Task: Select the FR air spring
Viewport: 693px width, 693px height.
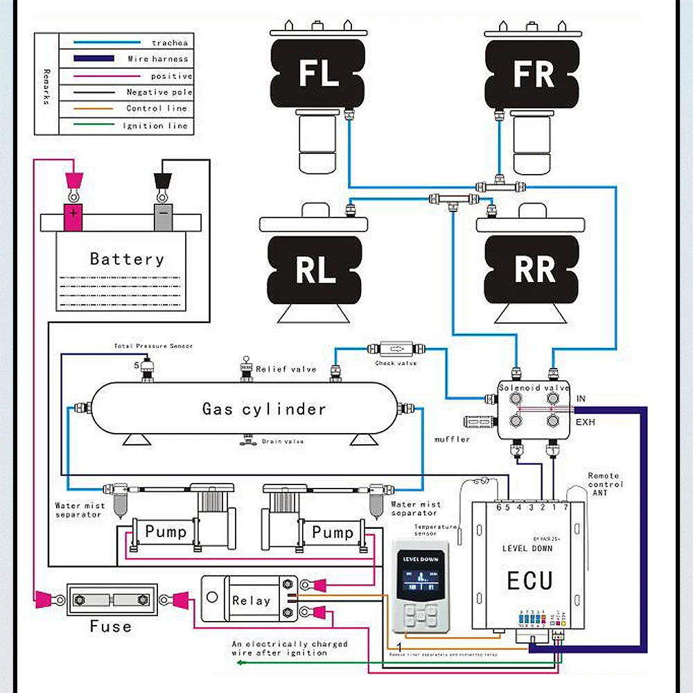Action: click(x=532, y=73)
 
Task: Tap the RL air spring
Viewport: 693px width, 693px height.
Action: click(x=316, y=270)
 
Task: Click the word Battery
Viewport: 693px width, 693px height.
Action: click(x=127, y=259)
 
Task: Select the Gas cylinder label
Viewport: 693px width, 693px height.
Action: click(x=264, y=409)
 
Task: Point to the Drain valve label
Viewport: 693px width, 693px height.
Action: click(x=282, y=441)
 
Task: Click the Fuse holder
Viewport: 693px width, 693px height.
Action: click(x=111, y=599)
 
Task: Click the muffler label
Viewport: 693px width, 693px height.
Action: click(x=453, y=439)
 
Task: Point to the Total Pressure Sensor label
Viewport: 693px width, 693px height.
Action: click(x=153, y=346)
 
